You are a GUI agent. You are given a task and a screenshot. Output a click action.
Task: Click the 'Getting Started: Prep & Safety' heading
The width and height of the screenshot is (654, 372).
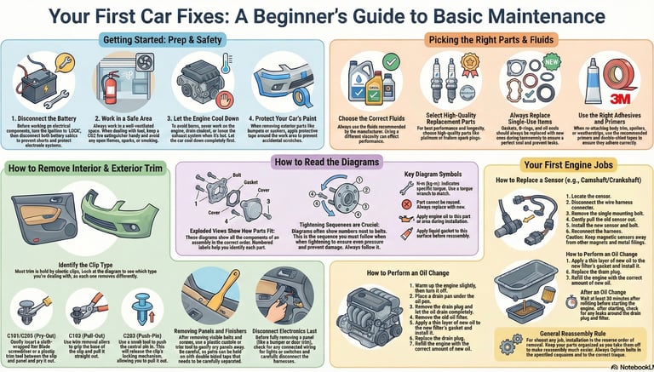[x=164, y=39]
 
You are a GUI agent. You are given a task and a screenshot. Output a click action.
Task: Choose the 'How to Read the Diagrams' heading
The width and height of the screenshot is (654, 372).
[x=325, y=162]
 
